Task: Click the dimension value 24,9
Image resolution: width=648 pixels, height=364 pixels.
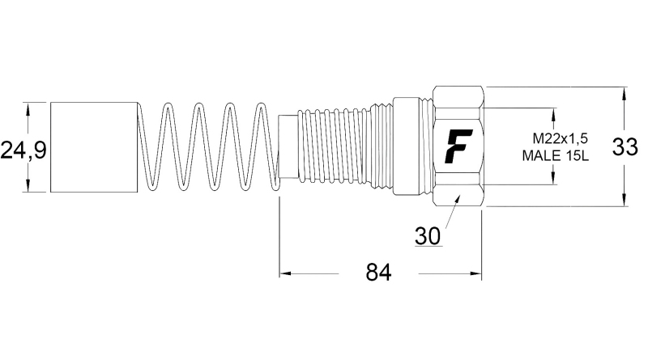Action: click(x=23, y=150)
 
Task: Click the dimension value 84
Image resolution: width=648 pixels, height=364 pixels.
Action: click(x=378, y=273)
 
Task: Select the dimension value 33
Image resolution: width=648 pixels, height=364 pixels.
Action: click(x=625, y=147)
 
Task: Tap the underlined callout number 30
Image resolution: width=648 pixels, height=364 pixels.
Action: click(x=427, y=235)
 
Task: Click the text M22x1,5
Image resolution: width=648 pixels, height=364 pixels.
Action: click(x=560, y=138)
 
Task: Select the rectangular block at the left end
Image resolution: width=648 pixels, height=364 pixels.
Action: click(x=93, y=147)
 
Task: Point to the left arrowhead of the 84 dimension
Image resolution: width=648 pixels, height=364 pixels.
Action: click(x=284, y=274)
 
